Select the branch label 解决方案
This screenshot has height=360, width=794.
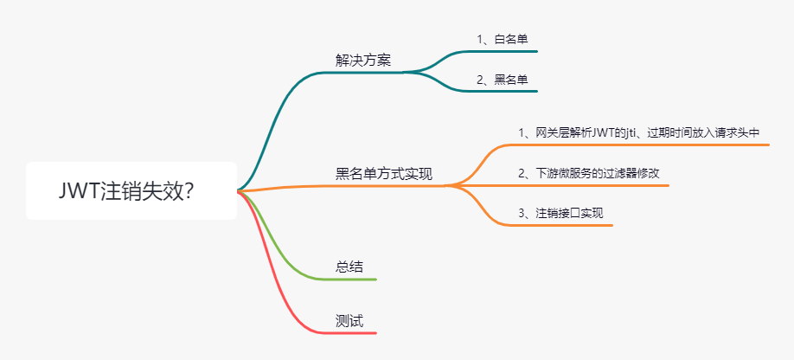click(x=363, y=60)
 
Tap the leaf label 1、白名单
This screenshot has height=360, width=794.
click(x=502, y=39)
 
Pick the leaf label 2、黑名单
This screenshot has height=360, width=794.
click(x=502, y=80)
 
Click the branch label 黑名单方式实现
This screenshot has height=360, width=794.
click(x=384, y=173)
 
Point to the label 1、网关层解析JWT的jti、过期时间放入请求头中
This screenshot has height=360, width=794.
click(x=638, y=132)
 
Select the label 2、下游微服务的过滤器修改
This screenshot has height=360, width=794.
click(x=589, y=173)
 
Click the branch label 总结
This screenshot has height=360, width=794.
click(x=349, y=267)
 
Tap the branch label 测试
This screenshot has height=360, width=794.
click(x=349, y=320)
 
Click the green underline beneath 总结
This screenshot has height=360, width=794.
click(x=355, y=280)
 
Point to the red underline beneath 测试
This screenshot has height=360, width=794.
click(x=355, y=333)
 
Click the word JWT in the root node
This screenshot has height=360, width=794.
click(x=79, y=191)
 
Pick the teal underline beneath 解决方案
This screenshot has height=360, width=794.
click(x=363, y=72)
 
